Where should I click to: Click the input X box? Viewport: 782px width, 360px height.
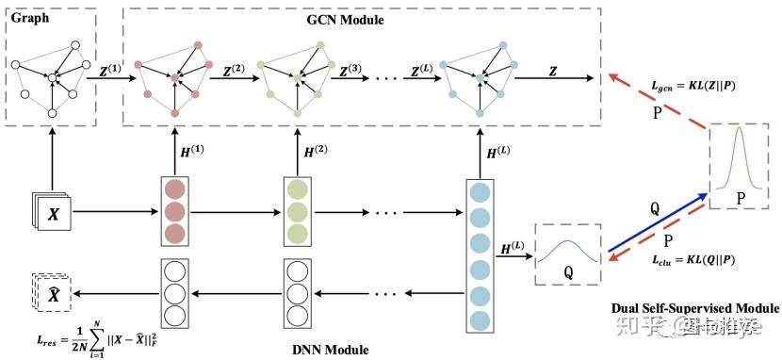pos(51,216)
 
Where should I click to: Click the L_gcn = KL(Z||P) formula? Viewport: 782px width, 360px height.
pos(693,87)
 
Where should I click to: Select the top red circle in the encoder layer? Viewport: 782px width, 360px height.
pos(175,188)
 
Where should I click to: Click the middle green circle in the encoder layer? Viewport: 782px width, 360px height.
pos(298,210)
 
